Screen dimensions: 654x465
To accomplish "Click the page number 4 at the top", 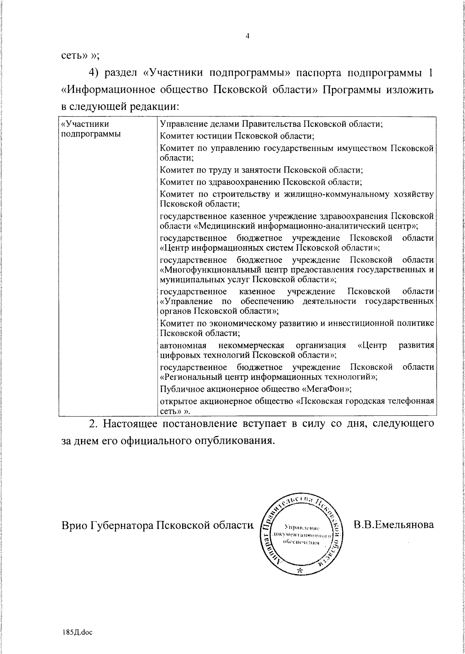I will click(x=247, y=36).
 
